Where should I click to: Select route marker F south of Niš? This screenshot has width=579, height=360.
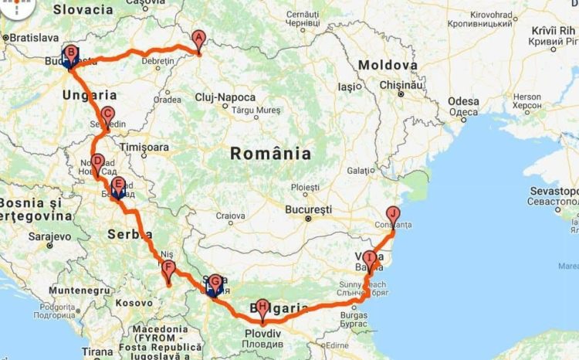(169, 270)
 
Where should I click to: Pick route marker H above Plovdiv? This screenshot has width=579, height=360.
(263, 307)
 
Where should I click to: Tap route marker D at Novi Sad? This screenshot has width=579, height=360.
(97, 163)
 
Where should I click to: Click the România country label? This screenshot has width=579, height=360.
(270, 154)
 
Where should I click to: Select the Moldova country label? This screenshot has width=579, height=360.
(388, 66)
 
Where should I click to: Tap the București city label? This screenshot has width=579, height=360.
(307, 209)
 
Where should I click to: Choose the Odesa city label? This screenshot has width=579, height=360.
(463, 100)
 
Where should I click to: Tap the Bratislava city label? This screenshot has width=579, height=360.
(31, 37)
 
